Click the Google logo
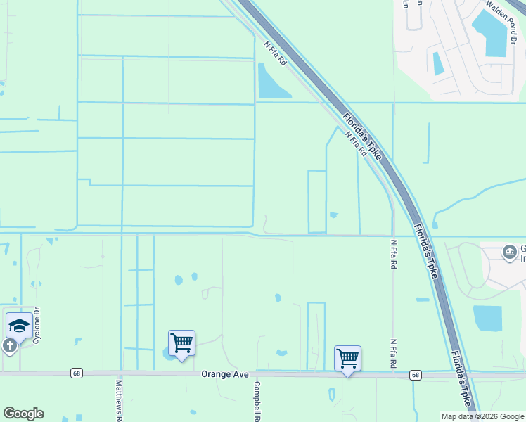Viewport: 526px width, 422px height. click(23, 414)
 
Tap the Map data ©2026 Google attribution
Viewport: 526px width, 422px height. click(482, 416)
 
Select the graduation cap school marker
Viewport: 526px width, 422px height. click(18, 326)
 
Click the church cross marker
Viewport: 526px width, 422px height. click(9, 346)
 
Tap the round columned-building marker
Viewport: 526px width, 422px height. click(508, 252)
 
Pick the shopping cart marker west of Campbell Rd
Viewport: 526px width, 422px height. click(181, 343)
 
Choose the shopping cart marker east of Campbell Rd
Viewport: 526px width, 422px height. click(347, 358)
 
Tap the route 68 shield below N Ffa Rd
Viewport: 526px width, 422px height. click(416, 376)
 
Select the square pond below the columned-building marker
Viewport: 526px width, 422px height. click(487, 318)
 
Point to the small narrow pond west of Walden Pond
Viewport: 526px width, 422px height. click(438, 63)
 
